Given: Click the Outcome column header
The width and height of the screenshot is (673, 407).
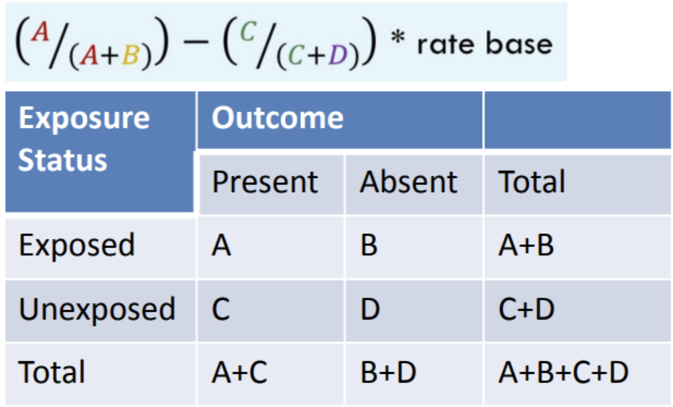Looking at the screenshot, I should pos(278,118).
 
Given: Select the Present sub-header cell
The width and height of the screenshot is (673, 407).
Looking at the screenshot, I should pos(265,182).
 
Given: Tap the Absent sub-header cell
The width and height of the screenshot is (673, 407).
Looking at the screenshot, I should pos(408,182).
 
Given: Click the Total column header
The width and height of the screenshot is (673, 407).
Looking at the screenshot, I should pos(532,182).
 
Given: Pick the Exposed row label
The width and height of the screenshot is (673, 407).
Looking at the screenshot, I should pos(77,245).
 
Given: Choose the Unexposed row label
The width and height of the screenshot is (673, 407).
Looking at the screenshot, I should pos(97,309).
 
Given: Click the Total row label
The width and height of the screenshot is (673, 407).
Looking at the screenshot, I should pos(52,373).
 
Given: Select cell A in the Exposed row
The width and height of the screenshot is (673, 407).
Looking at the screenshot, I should pos(221,245).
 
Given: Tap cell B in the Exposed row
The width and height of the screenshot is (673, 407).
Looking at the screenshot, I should pos(369,245).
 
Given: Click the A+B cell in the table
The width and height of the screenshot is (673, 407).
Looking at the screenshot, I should pos(526,245).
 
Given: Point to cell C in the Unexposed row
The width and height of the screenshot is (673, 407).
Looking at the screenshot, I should pos(221,309).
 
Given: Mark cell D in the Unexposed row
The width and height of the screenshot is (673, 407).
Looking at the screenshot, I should pos(370,309).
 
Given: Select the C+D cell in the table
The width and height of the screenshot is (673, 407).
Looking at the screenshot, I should pos(526,309).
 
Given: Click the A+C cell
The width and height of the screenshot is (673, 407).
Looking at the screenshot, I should pos(239,373).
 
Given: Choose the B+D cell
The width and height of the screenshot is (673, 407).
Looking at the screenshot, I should pos(388,373).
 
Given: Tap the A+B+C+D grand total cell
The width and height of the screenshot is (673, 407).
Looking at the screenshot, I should pos(563,373).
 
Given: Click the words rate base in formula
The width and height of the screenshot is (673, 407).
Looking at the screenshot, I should pos(484,44).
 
